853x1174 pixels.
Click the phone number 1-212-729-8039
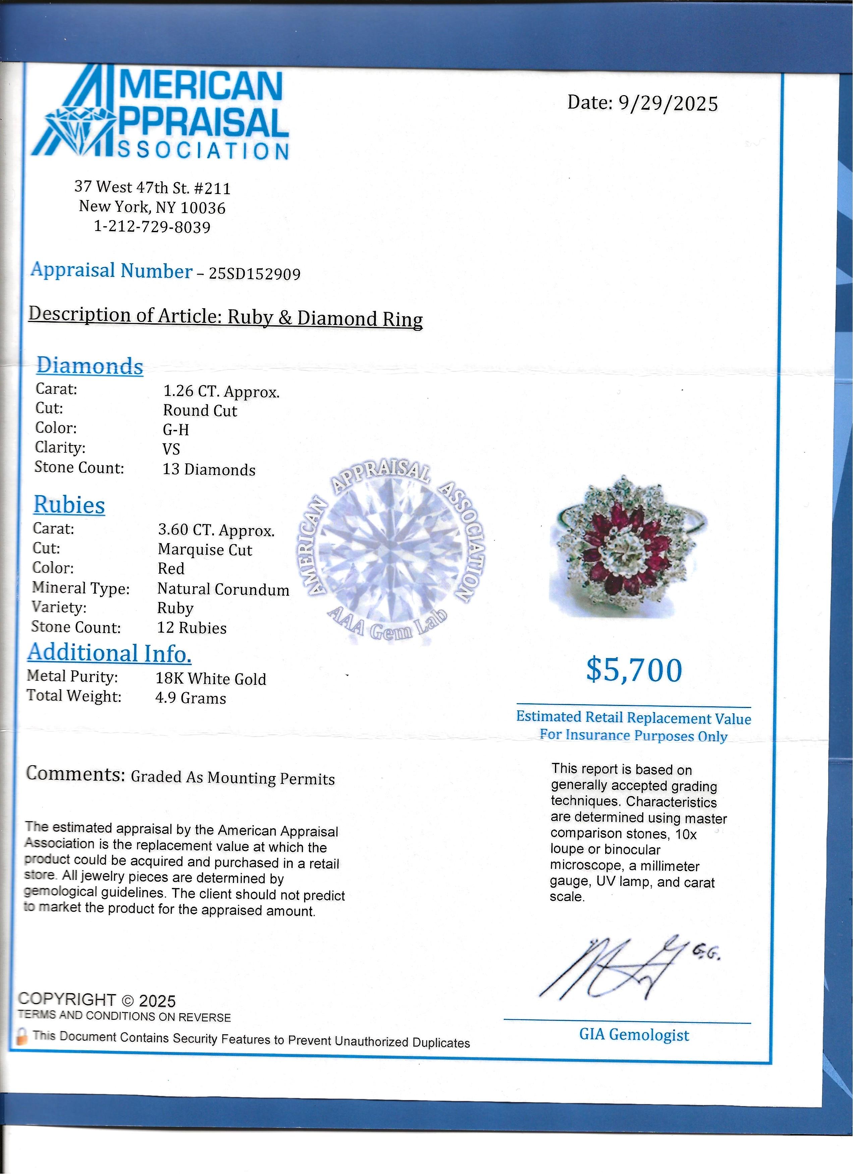pyautogui.click(x=152, y=227)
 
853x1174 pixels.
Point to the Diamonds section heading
pyautogui.click(x=90, y=366)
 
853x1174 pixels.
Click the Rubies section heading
pyautogui.click(x=69, y=505)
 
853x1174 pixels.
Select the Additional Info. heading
pyautogui.click(x=109, y=653)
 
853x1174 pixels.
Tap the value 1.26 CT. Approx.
pyautogui.click(x=221, y=392)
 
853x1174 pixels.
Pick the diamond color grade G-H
pyautogui.click(x=176, y=430)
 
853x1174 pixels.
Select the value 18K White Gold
pyautogui.click(x=211, y=678)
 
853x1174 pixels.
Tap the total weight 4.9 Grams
pyautogui.click(x=190, y=698)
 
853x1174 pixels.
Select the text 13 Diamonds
pyautogui.click(x=209, y=469)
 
